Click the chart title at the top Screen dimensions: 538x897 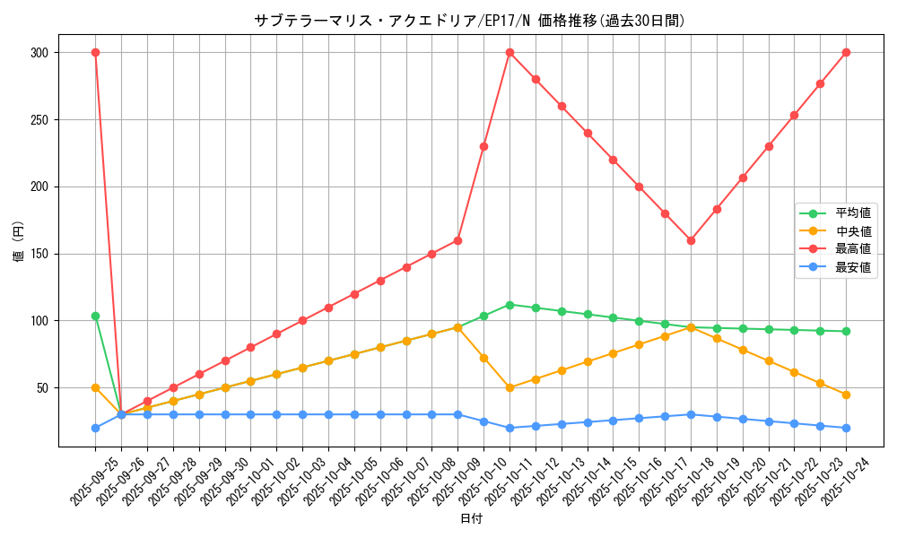(469, 20)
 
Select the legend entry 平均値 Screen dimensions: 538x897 (853, 213)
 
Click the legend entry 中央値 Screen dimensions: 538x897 (853, 231)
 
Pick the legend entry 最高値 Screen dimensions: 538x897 (853, 249)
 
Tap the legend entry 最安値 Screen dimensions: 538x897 (853, 267)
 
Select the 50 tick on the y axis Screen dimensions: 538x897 (41, 388)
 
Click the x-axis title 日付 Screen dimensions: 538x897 (471, 519)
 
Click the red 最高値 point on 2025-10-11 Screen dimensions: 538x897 (509, 52)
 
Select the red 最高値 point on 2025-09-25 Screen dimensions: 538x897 (95, 52)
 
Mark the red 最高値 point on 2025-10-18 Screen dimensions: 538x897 (691, 240)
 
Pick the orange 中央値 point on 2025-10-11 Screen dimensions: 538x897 (509, 388)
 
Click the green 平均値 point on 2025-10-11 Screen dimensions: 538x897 (509, 305)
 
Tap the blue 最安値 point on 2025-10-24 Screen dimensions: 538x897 (846, 428)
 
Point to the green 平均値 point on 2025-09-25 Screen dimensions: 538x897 (95, 316)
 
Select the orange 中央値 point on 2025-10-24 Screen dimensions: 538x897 (846, 395)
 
